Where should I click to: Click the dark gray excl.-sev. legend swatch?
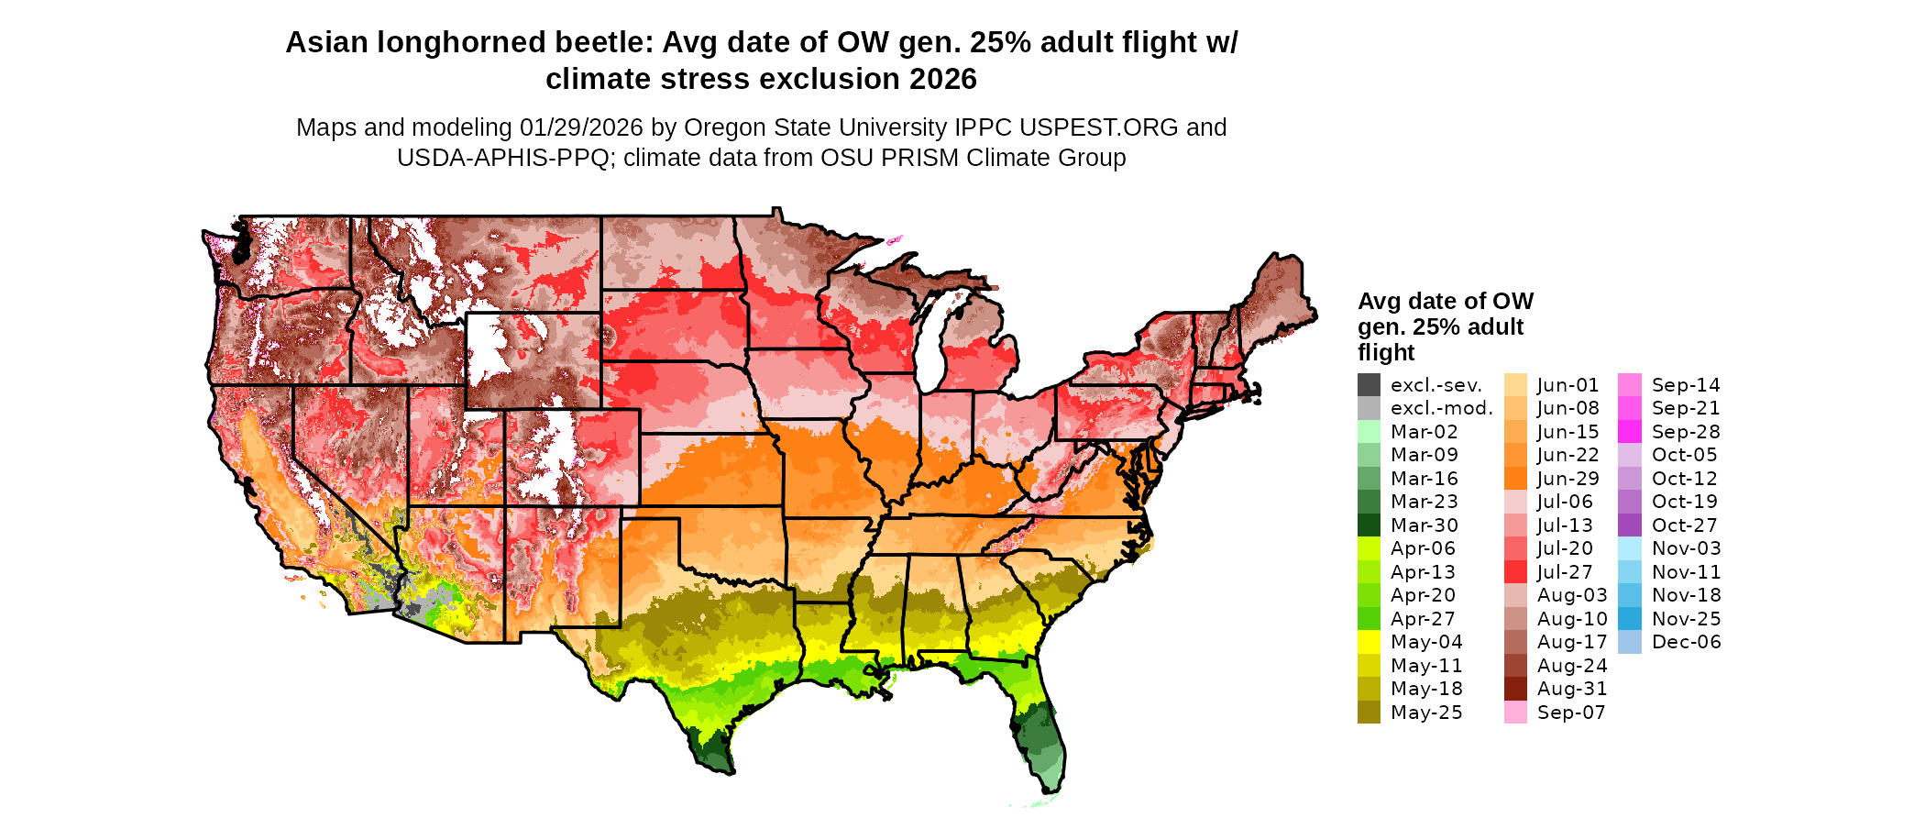click(x=1369, y=385)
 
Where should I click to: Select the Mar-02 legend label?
click(x=1424, y=432)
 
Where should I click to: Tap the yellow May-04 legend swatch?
click(x=1369, y=642)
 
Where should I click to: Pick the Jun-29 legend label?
click(x=1568, y=479)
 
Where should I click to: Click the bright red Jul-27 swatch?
click(x=1515, y=572)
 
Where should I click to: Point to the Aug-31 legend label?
click(x=1572, y=689)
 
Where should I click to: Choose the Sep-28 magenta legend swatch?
click(x=1630, y=432)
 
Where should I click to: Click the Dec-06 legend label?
click(x=1687, y=642)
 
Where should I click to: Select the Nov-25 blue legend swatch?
click(x=1630, y=619)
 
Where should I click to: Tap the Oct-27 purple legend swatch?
click(x=1630, y=525)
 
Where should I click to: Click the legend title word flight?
click(x=1386, y=353)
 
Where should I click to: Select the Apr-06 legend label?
click(x=1423, y=548)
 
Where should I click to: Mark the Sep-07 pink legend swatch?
click(x=1515, y=713)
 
